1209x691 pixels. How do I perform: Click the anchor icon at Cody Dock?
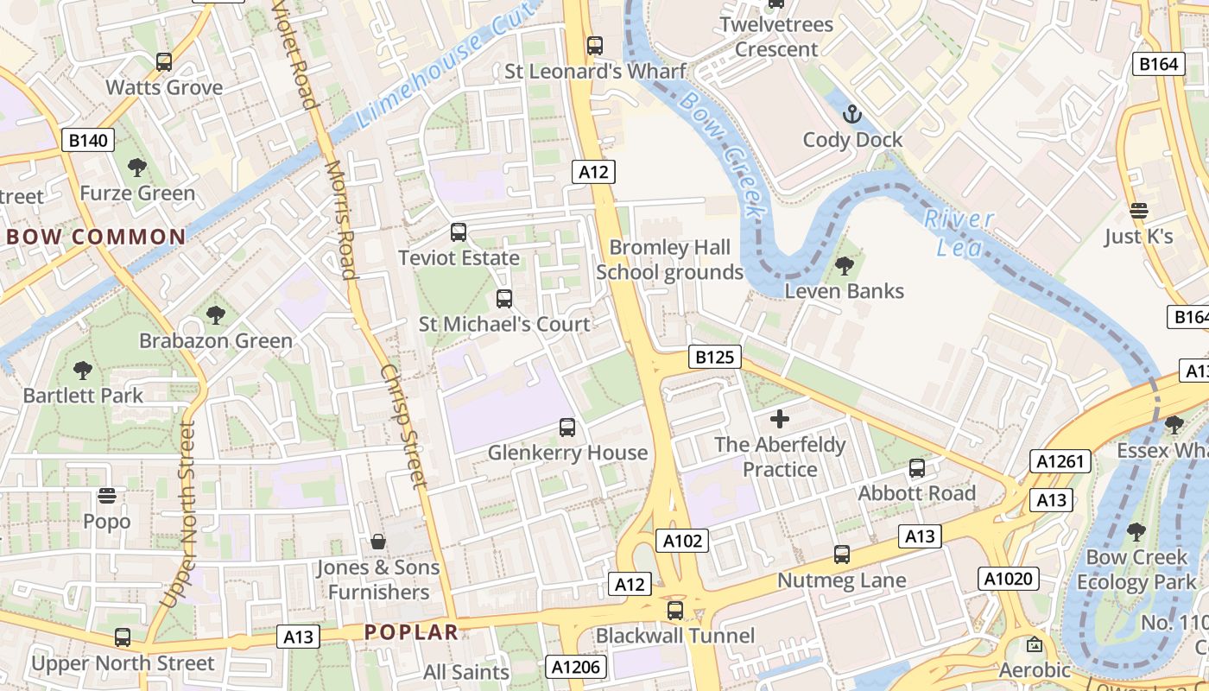[852, 114]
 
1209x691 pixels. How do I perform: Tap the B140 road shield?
[88, 140]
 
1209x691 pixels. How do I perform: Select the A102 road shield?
[682, 542]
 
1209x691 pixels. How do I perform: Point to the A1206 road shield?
[578, 666]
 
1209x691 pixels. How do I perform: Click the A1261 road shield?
[1060, 461]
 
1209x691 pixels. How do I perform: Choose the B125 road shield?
[715, 357]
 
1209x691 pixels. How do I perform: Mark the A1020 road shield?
[1008, 578]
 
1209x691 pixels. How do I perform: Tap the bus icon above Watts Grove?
[164, 62]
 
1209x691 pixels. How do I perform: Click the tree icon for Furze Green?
[136, 168]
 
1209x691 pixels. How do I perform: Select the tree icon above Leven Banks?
[844, 266]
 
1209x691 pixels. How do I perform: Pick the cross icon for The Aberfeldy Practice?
[780, 420]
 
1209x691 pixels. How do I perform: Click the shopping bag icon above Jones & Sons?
[377, 542]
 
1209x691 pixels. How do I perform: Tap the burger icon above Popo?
[107, 496]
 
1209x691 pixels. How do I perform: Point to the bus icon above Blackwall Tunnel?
[675, 611]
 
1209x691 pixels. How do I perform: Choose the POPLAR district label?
[411, 631]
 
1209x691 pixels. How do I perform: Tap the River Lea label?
[954, 233]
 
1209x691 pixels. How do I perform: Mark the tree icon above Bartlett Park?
[83, 371]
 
